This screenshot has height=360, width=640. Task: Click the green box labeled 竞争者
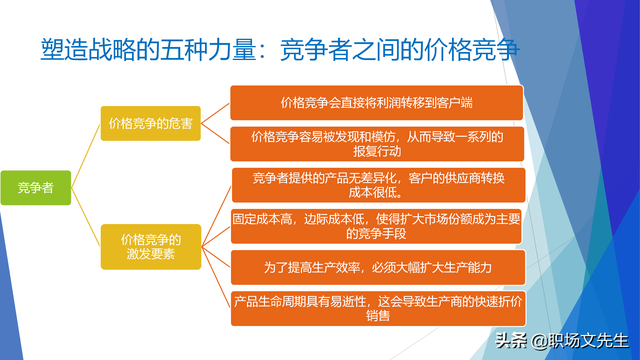click(x=35, y=187)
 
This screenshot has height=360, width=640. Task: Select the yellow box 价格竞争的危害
click(x=150, y=124)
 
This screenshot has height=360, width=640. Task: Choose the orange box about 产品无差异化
click(x=377, y=186)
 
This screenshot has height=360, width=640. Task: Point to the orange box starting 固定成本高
click(x=377, y=226)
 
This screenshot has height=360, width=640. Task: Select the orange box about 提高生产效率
click(x=377, y=266)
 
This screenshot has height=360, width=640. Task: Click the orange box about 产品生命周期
click(x=377, y=307)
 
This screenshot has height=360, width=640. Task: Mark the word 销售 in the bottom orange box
click(x=377, y=316)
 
